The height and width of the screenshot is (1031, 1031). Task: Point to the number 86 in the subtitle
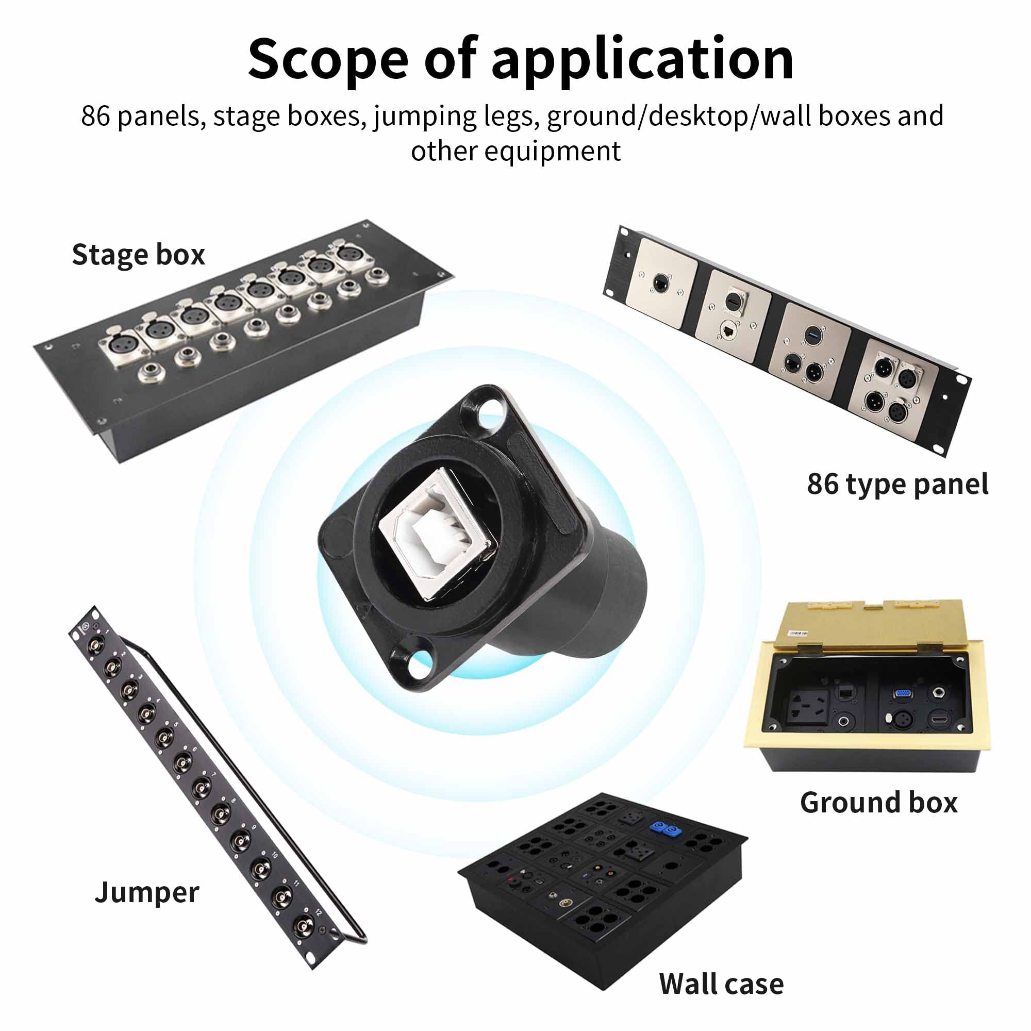tap(95, 117)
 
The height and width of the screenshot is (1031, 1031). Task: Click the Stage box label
tap(138, 255)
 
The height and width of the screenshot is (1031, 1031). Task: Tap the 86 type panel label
tap(897, 484)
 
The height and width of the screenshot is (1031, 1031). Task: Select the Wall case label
tap(721, 984)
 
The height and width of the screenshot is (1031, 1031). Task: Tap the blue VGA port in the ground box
tap(903, 694)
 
